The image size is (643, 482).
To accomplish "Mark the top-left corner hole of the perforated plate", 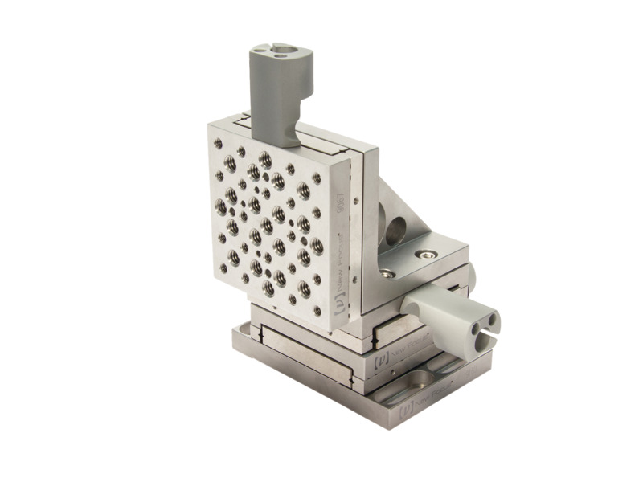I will pyautogui.click(x=218, y=143).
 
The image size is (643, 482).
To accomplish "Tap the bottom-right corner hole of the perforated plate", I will pyautogui.click(x=317, y=309).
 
